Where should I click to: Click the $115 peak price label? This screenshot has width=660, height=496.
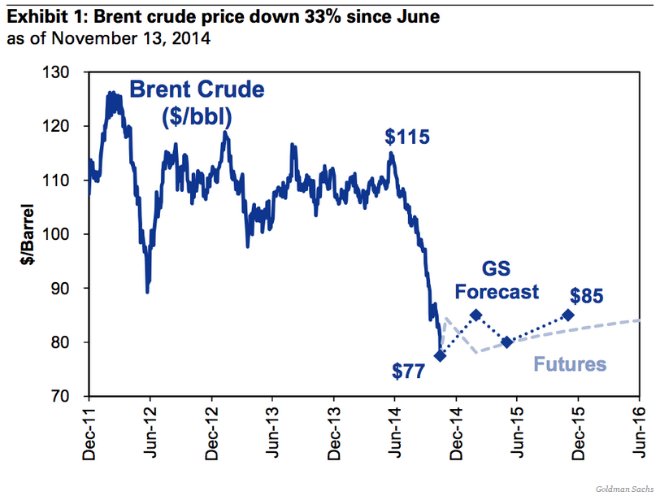tap(406, 136)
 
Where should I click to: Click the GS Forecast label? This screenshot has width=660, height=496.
tap(496, 280)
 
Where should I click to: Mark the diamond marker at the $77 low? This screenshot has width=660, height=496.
tap(441, 355)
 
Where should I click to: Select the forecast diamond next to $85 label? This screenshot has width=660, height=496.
tap(567, 315)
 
